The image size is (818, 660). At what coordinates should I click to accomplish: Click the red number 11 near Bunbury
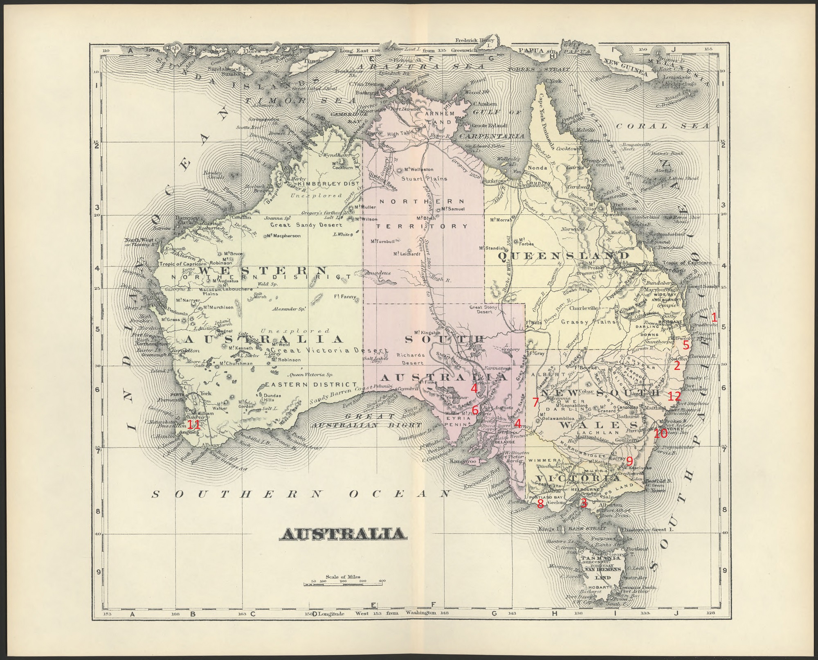click(x=193, y=425)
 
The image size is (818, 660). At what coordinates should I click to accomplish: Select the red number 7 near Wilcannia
click(x=535, y=402)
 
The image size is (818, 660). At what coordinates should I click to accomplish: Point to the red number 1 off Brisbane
click(x=714, y=317)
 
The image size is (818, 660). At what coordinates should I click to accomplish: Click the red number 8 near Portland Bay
click(x=540, y=504)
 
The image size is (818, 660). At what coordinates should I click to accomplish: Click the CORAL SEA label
click(x=663, y=126)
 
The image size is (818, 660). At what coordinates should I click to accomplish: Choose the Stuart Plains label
click(x=424, y=179)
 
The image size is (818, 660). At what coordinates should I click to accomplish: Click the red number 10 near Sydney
click(x=660, y=433)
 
